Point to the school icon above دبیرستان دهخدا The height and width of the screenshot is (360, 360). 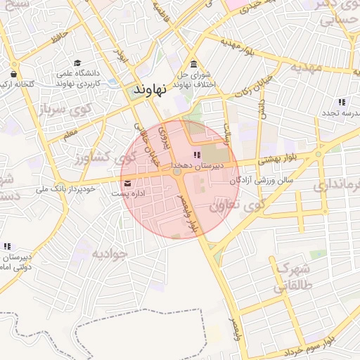coord(197,155)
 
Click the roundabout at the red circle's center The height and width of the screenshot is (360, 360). coord(178,172)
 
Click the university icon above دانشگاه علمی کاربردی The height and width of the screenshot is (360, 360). coord(77,63)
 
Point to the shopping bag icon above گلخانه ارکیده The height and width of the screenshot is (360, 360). coord(14,73)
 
